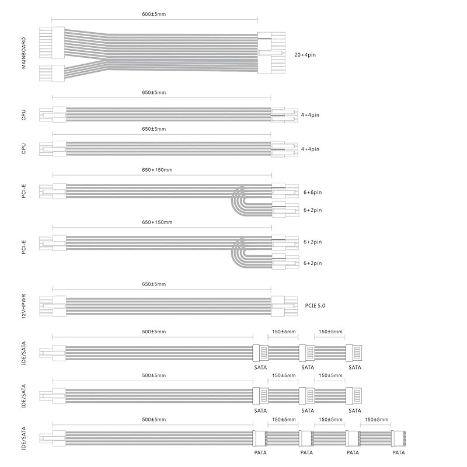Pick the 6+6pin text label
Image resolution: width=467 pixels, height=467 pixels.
click(313, 192)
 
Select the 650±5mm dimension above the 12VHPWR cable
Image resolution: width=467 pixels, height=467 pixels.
click(154, 284)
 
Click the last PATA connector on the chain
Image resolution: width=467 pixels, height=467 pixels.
click(399, 439)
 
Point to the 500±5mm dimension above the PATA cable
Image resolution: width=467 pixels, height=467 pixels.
click(154, 420)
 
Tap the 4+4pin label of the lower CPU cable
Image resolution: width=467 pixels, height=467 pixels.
click(311, 149)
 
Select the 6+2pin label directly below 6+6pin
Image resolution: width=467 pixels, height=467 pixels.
click(313, 210)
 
